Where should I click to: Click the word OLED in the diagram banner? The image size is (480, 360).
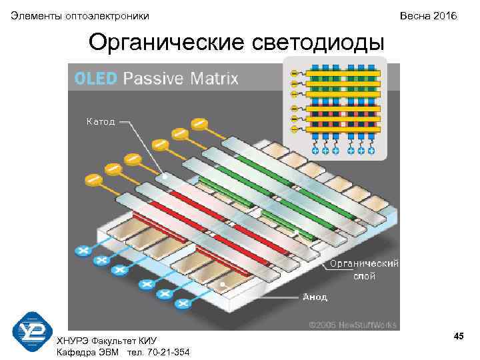tap(96, 79)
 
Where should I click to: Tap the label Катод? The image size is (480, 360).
tap(100, 121)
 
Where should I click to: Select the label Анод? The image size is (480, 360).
tap(315, 297)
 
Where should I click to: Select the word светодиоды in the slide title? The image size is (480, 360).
tap(319, 43)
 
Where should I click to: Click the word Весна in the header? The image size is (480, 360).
tap(413, 15)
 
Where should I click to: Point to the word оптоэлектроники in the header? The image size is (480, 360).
tap(107, 15)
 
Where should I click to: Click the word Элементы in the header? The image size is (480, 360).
tap(36, 15)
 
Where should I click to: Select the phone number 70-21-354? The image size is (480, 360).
tap(164, 352)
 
